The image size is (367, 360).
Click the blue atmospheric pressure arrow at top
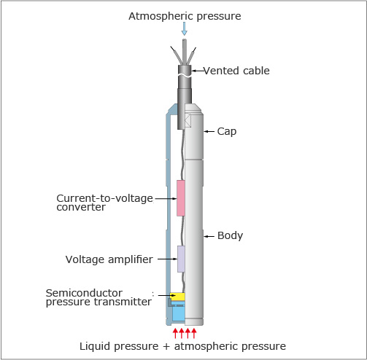point(185,28)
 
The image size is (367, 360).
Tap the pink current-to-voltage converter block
point(180,198)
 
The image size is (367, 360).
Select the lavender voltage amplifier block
point(181,259)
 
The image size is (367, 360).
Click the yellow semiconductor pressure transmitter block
point(177,297)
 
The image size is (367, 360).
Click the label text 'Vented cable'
point(236,71)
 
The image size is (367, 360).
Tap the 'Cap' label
point(227,132)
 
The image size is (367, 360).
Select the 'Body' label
point(230,235)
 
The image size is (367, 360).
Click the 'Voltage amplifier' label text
point(109,259)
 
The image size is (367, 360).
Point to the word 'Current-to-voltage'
point(104,198)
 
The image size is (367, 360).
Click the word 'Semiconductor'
point(84,293)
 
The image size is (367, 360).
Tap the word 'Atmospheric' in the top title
point(161,16)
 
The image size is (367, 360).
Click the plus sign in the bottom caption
point(166,347)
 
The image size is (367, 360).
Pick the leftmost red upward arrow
point(175,333)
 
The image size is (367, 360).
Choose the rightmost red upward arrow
point(194,333)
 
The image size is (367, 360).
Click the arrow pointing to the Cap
point(209,131)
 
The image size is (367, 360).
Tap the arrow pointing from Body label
point(209,236)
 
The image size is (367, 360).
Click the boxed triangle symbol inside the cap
point(188,120)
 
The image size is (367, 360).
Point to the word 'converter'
point(81,207)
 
